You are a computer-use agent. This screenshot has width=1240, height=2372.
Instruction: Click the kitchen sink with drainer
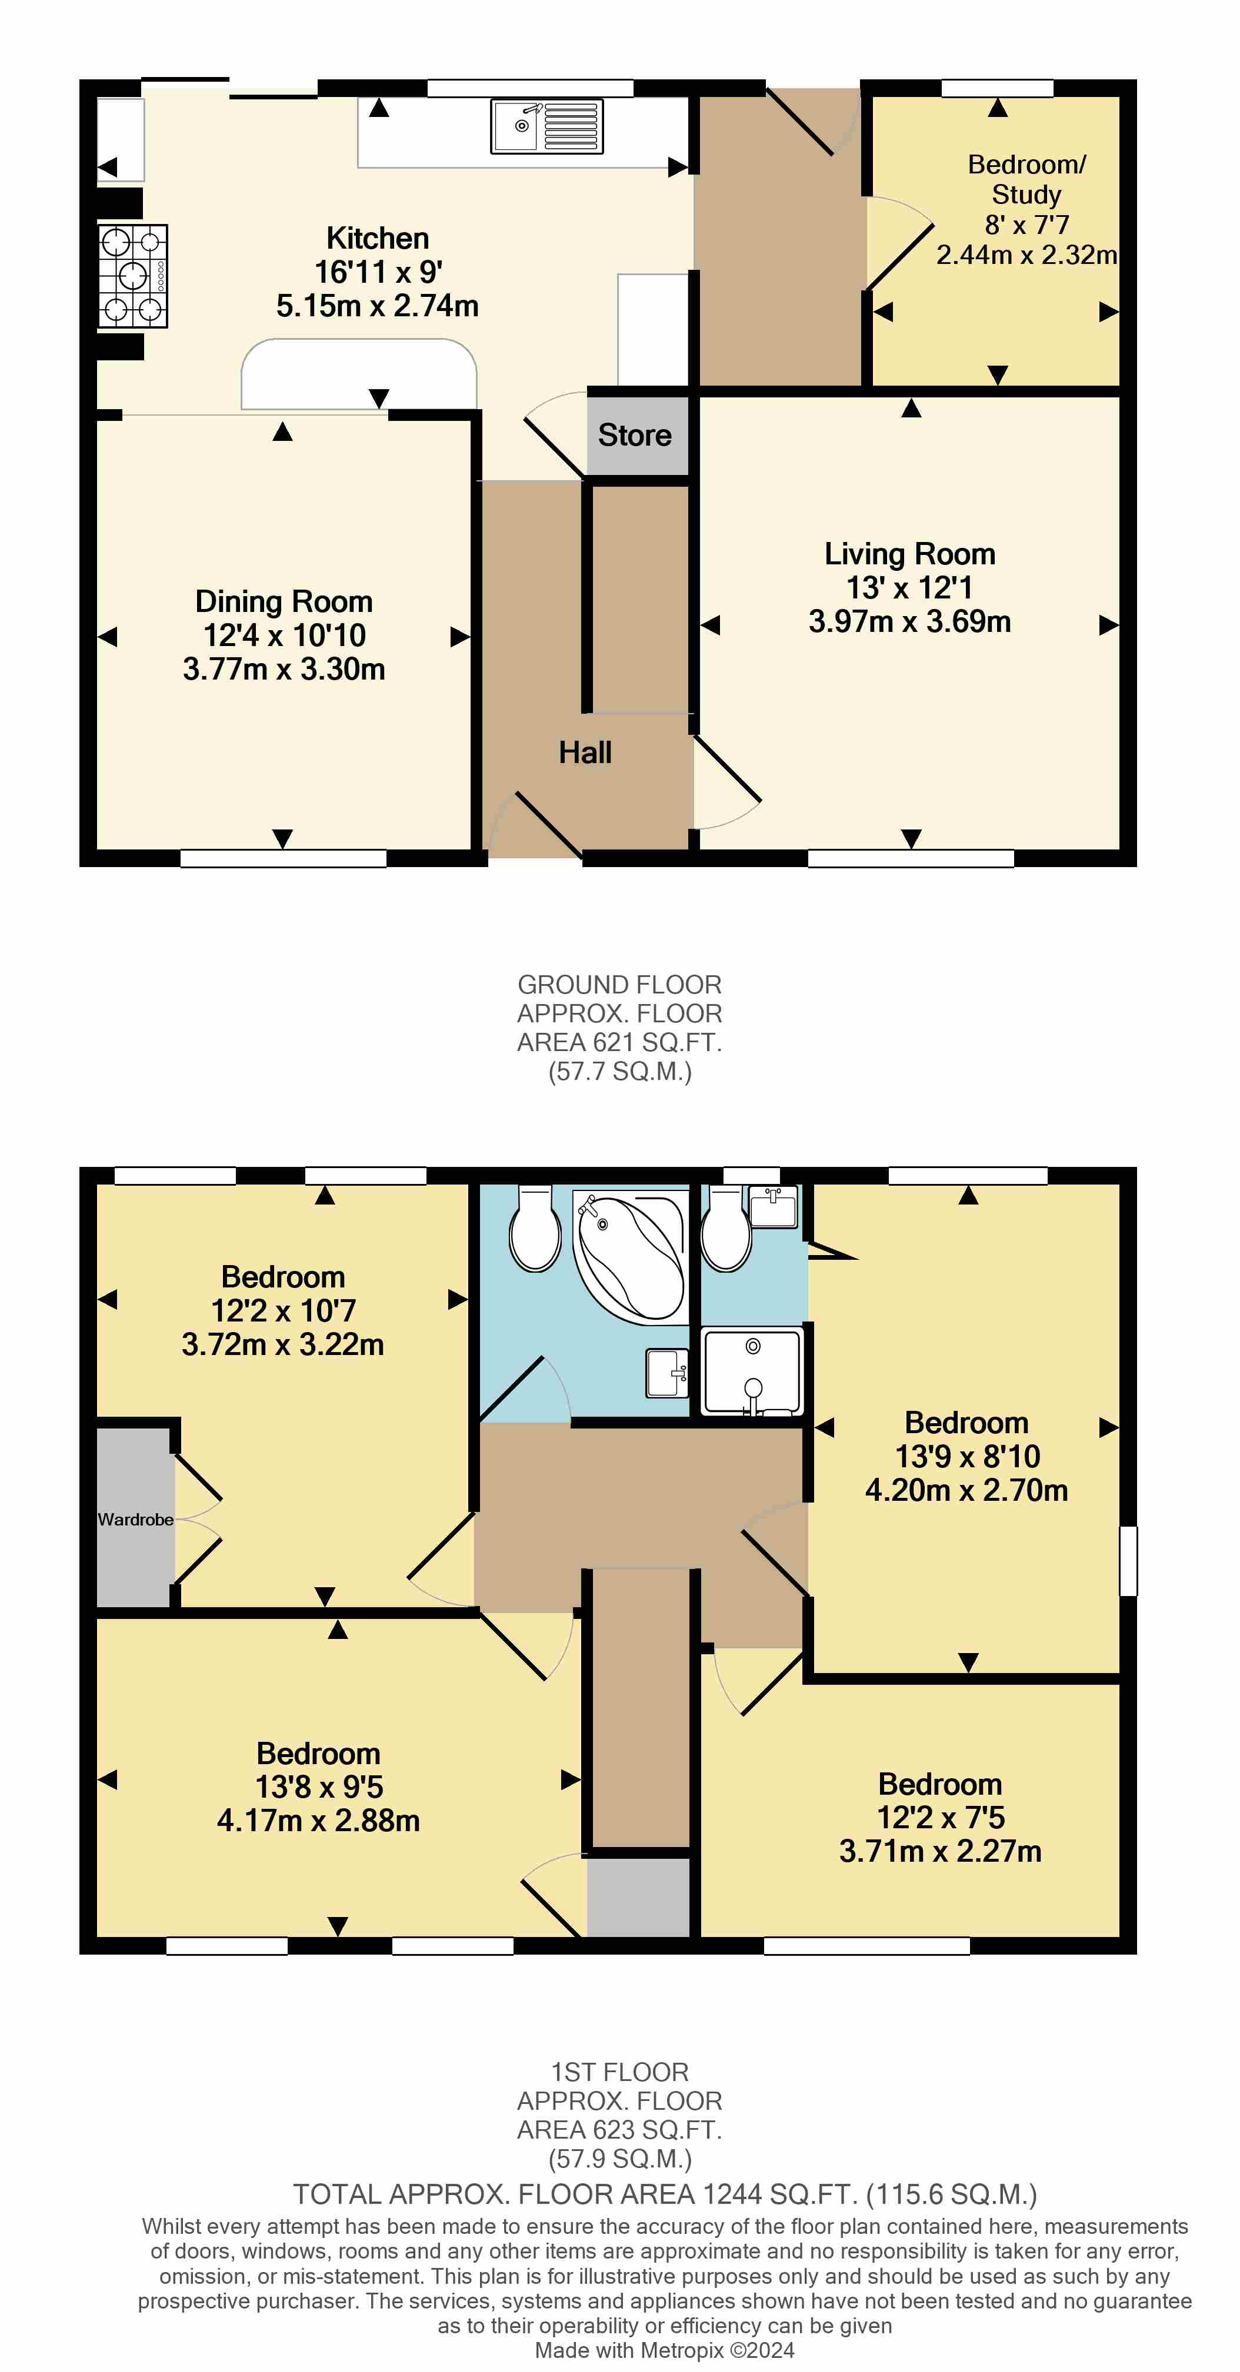point(546,126)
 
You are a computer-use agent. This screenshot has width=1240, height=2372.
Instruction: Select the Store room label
point(635,434)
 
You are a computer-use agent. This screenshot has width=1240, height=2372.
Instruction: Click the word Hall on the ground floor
point(585,752)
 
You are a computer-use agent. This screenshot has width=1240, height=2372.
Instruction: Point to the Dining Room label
point(284,601)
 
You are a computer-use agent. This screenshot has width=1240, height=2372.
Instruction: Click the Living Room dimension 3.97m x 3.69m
point(909,621)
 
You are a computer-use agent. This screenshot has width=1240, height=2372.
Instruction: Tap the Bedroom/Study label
point(1026,179)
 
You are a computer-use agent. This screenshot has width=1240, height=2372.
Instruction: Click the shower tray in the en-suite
point(752,1371)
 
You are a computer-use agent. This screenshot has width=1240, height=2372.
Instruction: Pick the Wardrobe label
point(135,1520)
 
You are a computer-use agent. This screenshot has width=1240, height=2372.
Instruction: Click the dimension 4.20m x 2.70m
point(966,1490)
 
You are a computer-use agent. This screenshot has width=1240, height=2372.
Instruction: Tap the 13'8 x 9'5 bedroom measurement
point(319,1786)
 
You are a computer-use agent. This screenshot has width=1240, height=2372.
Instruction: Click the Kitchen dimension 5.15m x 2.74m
point(377,306)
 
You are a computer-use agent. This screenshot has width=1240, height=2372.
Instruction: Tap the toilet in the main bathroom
point(535,1229)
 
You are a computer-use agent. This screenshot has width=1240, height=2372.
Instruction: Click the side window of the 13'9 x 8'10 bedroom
point(1128,1561)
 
